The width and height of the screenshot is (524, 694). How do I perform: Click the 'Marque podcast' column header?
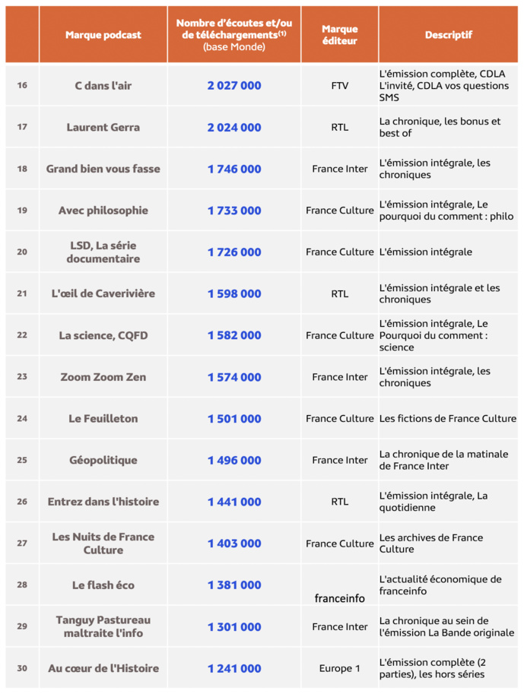coord(103,35)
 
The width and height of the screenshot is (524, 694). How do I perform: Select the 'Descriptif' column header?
coord(449,35)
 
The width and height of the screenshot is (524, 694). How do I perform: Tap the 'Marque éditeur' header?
coord(339,35)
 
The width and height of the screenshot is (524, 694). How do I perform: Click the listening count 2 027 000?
coord(234,86)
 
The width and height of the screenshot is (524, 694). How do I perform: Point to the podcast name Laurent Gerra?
coord(103,128)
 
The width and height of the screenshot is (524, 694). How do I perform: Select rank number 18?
coord(22,169)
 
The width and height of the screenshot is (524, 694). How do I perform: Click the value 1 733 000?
coord(234,211)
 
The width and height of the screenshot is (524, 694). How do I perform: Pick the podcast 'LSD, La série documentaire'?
coord(103,252)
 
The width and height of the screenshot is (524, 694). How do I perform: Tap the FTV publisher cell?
coord(340,86)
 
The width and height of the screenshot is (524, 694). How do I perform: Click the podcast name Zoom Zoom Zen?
coord(103,377)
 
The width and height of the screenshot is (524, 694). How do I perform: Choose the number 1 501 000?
coord(234,419)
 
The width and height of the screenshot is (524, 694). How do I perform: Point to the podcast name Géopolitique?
coord(103,461)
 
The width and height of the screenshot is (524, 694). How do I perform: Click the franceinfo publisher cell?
coord(340,598)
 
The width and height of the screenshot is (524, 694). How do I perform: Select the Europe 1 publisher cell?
coord(340,669)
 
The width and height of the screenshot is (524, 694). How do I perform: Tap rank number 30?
coord(22,669)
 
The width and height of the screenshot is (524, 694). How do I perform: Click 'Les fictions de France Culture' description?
coord(448,419)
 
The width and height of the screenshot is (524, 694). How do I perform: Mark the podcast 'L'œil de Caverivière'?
coord(103,294)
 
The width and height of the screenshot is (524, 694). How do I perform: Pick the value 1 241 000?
coord(234,669)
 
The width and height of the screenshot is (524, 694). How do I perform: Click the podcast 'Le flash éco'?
coord(103,585)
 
